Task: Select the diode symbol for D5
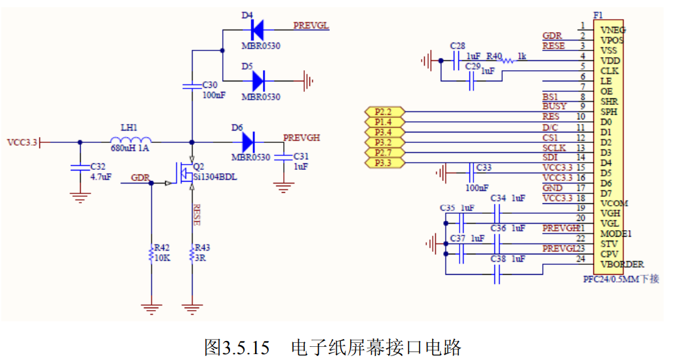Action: click(x=258, y=81)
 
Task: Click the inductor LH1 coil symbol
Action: click(x=130, y=140)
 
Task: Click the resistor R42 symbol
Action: click(x=151, y=252)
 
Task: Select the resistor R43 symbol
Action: click(x=192, y=252)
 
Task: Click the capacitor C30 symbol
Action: click(x=192, y=86)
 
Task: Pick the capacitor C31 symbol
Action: click(x=283, y=157)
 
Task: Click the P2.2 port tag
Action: click(x=383, y=112)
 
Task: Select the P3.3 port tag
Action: click(x=383, y=163)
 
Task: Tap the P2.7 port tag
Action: click(x=383, y=153)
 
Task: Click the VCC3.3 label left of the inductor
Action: click(x=22, y=142)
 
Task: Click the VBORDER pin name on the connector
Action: click(x=622, y=264)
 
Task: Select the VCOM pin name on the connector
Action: click(x=614, y=203)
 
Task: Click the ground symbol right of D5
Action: click(x=308, y=81)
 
